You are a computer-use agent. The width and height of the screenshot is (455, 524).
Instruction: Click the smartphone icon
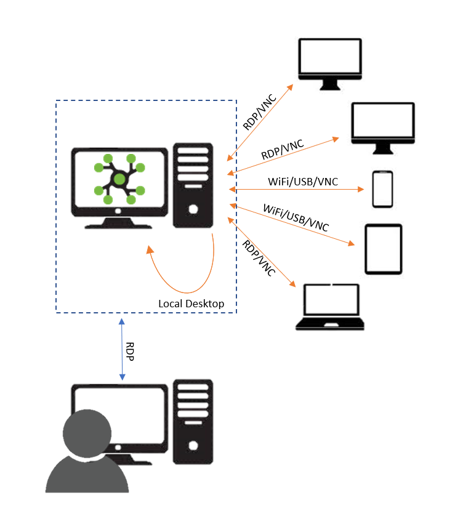coord(382,189)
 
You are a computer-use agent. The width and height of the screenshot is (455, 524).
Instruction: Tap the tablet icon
coord(383,249)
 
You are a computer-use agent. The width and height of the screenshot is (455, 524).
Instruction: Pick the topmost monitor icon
coord(329,62)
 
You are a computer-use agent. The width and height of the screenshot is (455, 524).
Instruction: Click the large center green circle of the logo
coord(119,179)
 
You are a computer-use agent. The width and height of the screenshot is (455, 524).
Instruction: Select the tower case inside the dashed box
coord(193,185)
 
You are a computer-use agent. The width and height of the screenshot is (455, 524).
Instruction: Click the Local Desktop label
coord(191,304)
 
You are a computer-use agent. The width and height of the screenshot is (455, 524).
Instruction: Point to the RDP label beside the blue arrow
coord(131,351)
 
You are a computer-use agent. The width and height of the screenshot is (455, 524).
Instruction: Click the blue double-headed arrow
coord(123,349)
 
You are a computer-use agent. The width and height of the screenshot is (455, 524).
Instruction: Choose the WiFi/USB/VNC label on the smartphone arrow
coord(302,182)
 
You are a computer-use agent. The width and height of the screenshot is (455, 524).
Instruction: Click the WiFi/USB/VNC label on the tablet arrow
coord(296,217)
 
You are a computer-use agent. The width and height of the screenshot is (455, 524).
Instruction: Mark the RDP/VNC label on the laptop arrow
coord(258,259)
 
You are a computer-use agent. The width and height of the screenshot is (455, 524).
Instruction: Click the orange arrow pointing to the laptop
coord(262,252)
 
